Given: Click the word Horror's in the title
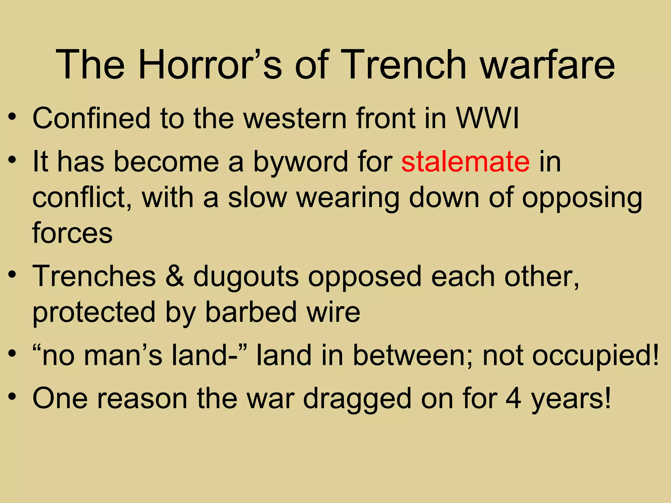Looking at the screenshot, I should point(210,65).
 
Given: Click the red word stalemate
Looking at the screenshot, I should point(465,161).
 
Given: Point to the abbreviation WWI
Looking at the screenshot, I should point(488,118).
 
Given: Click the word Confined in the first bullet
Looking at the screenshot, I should point(91,118).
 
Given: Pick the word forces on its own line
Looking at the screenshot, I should point(72,233).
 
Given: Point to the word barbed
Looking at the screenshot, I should point(251,312).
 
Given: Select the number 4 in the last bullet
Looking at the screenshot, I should point(513,399).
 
